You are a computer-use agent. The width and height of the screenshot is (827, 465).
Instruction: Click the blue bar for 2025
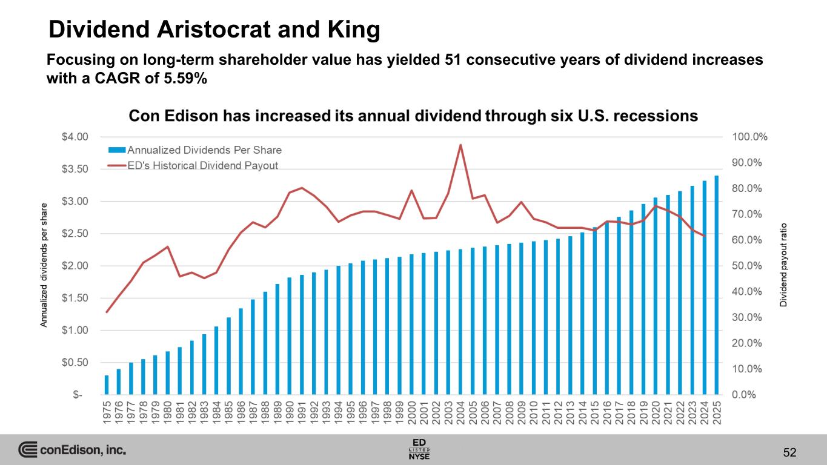point(717,285)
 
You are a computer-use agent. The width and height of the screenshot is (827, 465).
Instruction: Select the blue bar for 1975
point(107,385)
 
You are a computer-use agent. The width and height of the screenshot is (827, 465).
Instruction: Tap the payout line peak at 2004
point(460,145)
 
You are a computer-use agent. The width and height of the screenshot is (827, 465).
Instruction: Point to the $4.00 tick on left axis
point(76,137)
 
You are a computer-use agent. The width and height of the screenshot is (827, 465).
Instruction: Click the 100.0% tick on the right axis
point(749,137)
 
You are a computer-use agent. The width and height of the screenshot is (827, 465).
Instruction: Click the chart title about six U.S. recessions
point(414,116)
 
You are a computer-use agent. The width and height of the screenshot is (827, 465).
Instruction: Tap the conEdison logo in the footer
point(71,450)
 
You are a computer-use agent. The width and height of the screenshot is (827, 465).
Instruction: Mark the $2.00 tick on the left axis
point(76,266)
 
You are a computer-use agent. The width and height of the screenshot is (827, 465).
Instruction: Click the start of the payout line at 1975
point(107,312)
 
